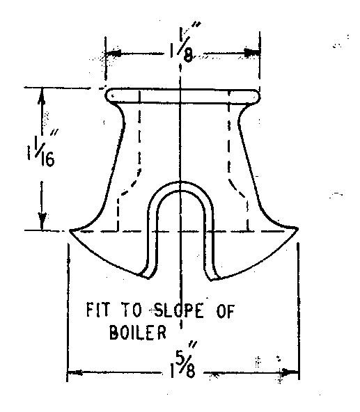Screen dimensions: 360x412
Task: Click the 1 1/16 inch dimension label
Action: coord(42,148)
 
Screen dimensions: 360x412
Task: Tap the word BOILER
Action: coord(138,333)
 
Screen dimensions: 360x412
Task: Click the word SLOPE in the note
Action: coord(178,310)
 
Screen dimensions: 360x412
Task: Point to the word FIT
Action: coord(97,310)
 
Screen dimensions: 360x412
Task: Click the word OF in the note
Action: coord(225,312)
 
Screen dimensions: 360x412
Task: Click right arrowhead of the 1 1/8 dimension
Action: coord(252,53)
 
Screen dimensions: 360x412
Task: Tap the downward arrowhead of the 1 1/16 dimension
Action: coord(42,221)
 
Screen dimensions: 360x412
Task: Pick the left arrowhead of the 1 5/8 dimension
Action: coord(76,372)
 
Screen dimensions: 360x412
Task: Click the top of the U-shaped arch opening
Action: coord(181,182)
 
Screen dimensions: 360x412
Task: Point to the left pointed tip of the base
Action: coord(70,230)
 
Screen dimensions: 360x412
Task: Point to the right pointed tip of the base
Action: coord(297,229)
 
